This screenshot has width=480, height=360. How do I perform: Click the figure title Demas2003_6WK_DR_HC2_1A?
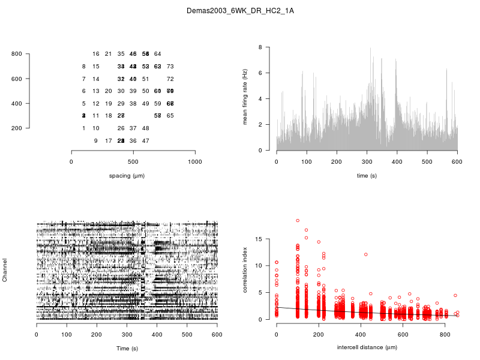(240, 11)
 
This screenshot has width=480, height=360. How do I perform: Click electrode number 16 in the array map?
(96, 54)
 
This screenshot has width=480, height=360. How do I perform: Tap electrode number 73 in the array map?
(170, 67)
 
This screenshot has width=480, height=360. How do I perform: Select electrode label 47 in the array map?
(145, 141)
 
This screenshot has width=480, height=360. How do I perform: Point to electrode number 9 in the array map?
(96, 141)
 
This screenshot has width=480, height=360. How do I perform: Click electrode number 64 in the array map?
(158, 54)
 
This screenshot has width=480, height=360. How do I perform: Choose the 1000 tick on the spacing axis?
(195, 161)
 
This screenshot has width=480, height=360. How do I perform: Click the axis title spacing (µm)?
(133, 175)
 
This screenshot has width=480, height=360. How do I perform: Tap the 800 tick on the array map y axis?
(16, 54)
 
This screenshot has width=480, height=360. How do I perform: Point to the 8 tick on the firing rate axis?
(260, 47)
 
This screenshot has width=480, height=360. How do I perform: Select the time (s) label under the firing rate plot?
(367, 175)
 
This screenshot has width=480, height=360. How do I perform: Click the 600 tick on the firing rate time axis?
(457, 161)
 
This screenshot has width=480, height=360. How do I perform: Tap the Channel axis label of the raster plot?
(5, 271)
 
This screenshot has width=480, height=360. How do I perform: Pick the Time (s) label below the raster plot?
(127, 348)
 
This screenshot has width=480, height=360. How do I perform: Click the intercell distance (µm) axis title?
(367, 347)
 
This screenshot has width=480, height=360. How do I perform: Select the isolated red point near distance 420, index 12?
(365, 254)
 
